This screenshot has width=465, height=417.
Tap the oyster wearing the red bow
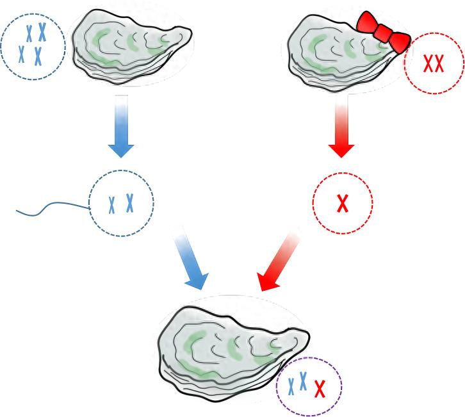pos(339,48)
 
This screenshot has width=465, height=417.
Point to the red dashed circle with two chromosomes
pos(434,63)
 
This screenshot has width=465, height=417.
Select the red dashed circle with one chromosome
pos(343,202)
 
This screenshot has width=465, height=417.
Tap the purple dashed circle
pos(309,386)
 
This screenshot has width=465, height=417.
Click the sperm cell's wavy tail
pos(51,208)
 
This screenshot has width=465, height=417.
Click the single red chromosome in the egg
pos(343,203)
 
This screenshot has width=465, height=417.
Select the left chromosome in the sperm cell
pos(112,204)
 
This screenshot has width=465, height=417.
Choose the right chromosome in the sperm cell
pos(130,203)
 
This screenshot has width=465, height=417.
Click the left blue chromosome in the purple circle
pos(292,385)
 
